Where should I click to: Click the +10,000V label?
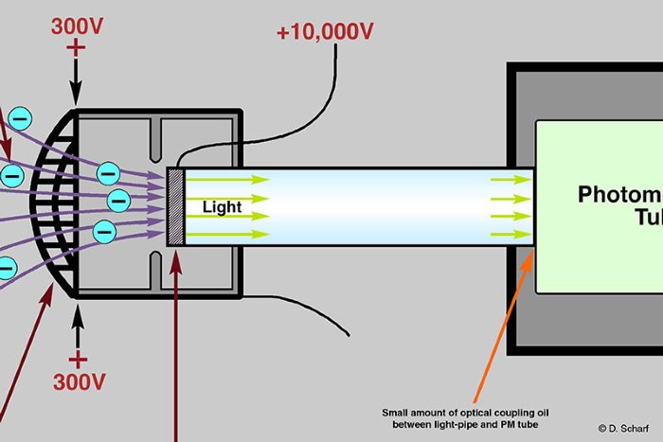325,31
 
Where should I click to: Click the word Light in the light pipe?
222,206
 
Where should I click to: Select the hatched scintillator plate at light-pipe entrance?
174,206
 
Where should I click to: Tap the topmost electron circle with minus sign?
19,118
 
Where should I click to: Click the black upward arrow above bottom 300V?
77,325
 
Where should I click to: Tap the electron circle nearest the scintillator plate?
118,200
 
